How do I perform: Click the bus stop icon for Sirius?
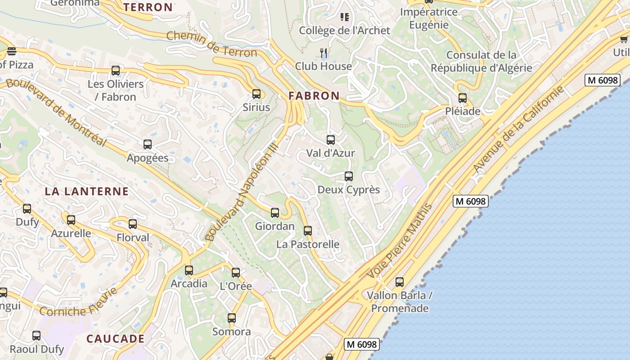(x=256, y=94)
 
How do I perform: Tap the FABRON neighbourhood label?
(x=314, y=96)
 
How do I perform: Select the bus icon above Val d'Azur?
(x=331, y=140)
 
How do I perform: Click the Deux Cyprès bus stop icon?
(x=349, y=176)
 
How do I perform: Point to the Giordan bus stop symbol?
(x=275, y=213)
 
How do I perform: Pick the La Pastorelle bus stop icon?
(x=308, y=231)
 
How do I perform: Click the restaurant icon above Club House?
(x=324, y=53)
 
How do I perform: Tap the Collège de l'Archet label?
(x=345, y=31)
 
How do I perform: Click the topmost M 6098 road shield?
(x=603, y=81)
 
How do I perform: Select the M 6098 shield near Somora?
(x=362, y=344)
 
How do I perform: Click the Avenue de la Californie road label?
(x=518, y=129)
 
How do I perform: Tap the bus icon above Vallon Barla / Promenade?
(x=400, y=282)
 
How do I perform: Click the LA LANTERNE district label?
(x=87, y=191)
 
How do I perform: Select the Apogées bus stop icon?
(x=148, y=144)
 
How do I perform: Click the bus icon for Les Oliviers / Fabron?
(x=116, y=71)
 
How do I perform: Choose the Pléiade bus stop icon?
(x=463, y=98)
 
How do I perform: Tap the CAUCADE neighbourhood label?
(x=116, y=339)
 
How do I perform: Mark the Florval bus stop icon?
(x=133, y=224)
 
